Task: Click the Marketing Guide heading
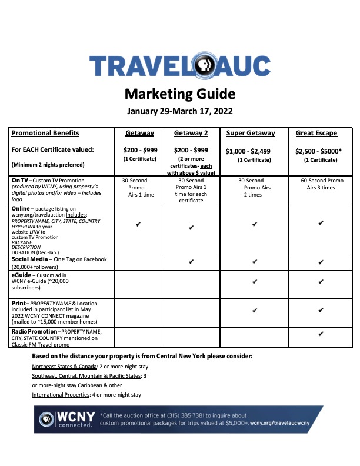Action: pyautogui.click(x=180, y=94)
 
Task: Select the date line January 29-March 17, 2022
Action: pyautogui.click(x=180, y=111)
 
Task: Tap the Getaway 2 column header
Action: pyautogui.click(x=191, y=133)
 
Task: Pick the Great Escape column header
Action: pyautogui.click(x=316, y=133)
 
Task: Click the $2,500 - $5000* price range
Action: pyautogui.click(x=320, y=151)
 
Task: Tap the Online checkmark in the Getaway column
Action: pyautogui.click(x=137, y=224)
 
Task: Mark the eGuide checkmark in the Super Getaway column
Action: pyautogui.click(x=254, y=282)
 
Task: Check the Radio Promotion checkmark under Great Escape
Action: pyautogui.click(x=321, y=334)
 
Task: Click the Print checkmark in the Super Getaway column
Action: pyautogui.click(x=254, y=309)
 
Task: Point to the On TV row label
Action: pyautogui.click(x=22, y=180)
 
